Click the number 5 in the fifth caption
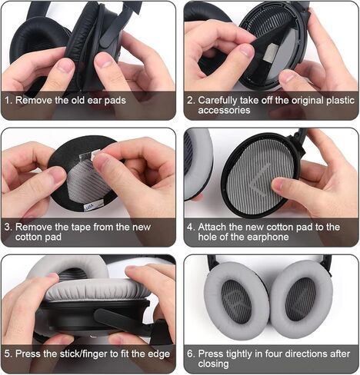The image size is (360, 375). click(x=9, y=354)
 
